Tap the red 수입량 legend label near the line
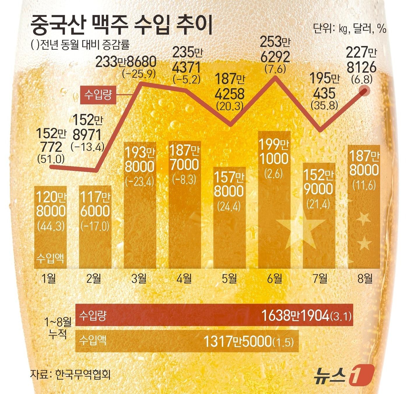pyautogui.click(x=98, y=95)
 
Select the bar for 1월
pyautogui.click(x=50, y=227)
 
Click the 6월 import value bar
pyautogui.click(x=275, y=201)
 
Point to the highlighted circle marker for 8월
pyautogui.click(x=365, y=91)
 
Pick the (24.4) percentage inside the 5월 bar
pyautogui.click(x=229, y=206)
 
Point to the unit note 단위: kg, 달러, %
pyautogui.click(x=349, y=28)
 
